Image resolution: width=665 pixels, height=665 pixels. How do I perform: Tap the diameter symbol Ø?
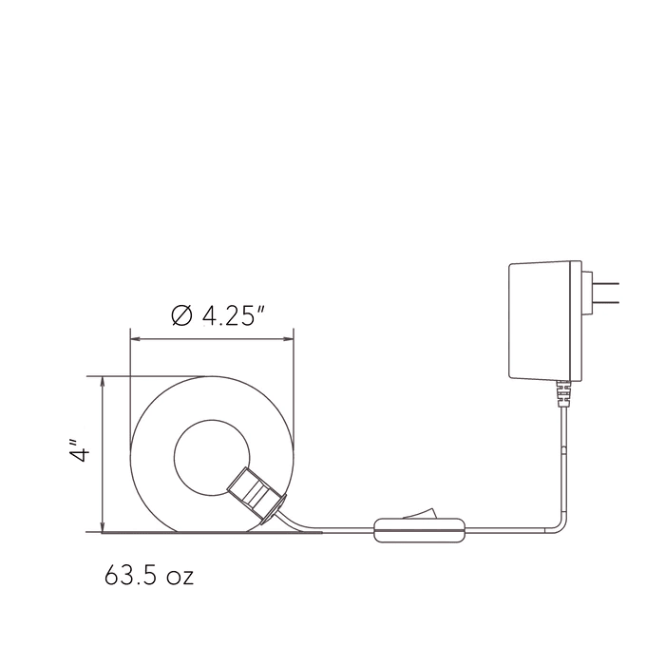click(181, 315)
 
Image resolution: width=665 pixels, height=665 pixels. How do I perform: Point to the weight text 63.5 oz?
click(149, 575)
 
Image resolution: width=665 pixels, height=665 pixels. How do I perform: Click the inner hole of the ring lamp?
click(212, 457)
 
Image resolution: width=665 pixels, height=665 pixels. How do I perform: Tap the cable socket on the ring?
click(257, 495)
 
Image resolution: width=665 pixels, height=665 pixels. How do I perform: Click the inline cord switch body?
click(419, 530)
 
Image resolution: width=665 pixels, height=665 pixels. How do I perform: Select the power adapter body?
click(545, 321)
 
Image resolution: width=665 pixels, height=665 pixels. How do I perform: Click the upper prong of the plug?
click(606, 283)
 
